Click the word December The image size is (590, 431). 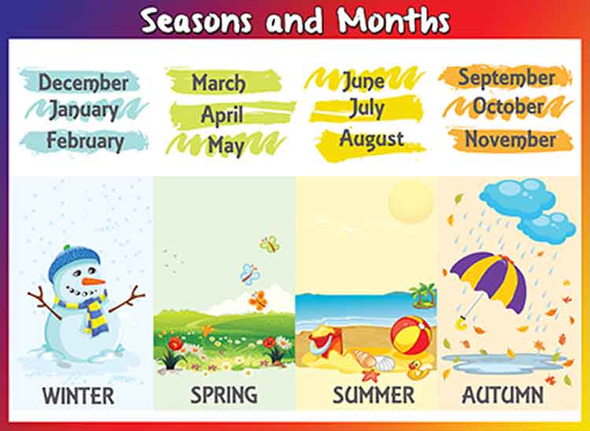[83, 82]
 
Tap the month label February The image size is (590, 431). [85, 142]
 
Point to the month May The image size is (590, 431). [226, 145]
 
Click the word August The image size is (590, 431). [371, 139]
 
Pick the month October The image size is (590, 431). [508, 106]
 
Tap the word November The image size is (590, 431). [510, 139]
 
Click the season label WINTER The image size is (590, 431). [78, 394]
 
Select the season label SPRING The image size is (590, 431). [223, 394]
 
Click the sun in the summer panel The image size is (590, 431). [411, 201]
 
